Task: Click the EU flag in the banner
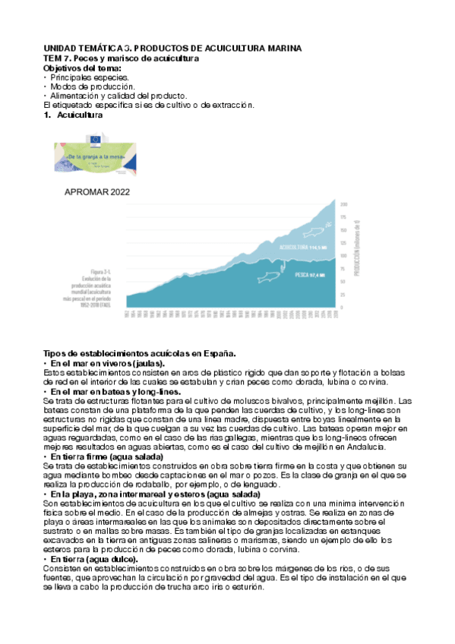pos(95,139)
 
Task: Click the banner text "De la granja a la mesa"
pos(93,154)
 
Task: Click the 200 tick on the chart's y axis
pos(343,204)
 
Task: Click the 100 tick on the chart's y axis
pos(343,256)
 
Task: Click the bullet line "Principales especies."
pos(90,77)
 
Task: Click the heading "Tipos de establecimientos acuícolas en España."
pos(140,353)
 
